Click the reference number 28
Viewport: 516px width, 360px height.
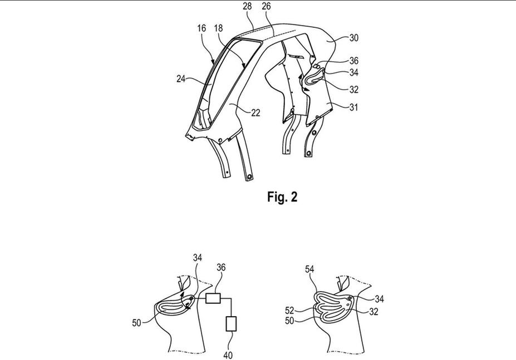247,6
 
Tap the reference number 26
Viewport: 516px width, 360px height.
266,6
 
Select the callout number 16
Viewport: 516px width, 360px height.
202,28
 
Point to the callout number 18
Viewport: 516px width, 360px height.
218,28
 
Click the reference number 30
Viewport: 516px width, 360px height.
353,38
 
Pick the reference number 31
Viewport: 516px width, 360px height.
353,107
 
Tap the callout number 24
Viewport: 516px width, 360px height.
181,79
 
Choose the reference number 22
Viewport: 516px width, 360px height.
255,113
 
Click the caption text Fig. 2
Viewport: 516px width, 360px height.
282,197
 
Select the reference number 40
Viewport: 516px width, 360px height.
228,355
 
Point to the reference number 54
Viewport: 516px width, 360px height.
309,269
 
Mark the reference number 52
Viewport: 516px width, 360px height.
289,311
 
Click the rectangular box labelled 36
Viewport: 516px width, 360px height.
213,298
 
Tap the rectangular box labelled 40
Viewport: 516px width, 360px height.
231,324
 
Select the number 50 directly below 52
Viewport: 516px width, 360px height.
289,320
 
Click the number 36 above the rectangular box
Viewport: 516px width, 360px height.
221,268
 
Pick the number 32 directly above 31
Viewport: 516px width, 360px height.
354,90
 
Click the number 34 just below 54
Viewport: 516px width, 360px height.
380,299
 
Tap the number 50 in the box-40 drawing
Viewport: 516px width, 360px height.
137,323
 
